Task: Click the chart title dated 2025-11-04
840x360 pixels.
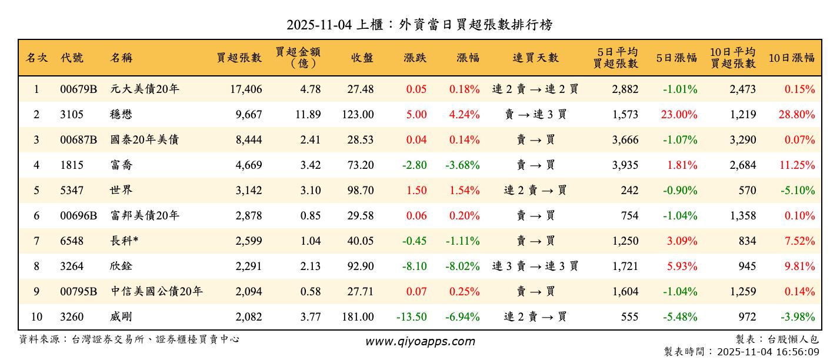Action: (x=419, y=25)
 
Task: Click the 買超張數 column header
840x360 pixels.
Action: (x=239, y=58)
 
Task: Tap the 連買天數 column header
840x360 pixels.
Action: (x=535, y=58)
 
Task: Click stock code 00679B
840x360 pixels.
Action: (x=78, y=89)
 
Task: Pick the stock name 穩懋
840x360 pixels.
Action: (x=121, y=115)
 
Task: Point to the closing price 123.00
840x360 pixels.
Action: (x=358, y=115)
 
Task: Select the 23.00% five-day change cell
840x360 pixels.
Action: (x=679, y=115)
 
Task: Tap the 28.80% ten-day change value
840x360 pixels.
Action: (x=796, y=115)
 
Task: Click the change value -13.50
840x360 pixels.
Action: (x=411, y=317)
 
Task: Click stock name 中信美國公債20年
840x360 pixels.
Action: (x=156, y=292)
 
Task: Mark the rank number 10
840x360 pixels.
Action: (x=36, y=317)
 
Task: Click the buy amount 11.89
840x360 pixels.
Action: (x=308, y=115)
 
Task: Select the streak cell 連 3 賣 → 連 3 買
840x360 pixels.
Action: (x=535, y=266)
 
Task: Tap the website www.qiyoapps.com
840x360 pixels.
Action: (x=419, y=341)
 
